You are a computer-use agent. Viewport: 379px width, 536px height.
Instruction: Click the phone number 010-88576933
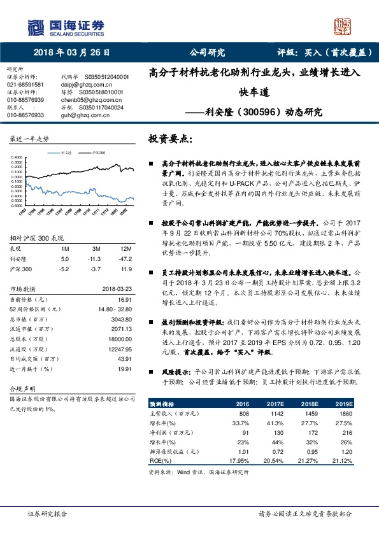(25, 115)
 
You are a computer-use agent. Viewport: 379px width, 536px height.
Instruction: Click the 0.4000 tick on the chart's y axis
(17, 156)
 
